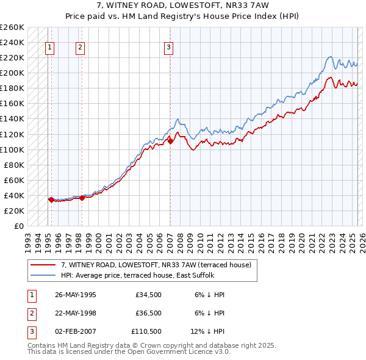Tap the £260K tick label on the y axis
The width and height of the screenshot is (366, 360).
(12, 27)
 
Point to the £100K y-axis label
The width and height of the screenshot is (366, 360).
(12, 149)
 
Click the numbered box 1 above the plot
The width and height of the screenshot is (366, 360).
(49, 48)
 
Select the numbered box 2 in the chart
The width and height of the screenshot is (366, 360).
(81, 48)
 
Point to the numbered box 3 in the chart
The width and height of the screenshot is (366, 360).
(168, 48)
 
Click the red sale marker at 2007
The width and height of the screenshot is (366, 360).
(170, 142)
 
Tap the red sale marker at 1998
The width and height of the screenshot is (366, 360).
(82, 198)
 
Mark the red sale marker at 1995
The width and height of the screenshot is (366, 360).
(51, 200)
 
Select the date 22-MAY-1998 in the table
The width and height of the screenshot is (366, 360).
(76, 313)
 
